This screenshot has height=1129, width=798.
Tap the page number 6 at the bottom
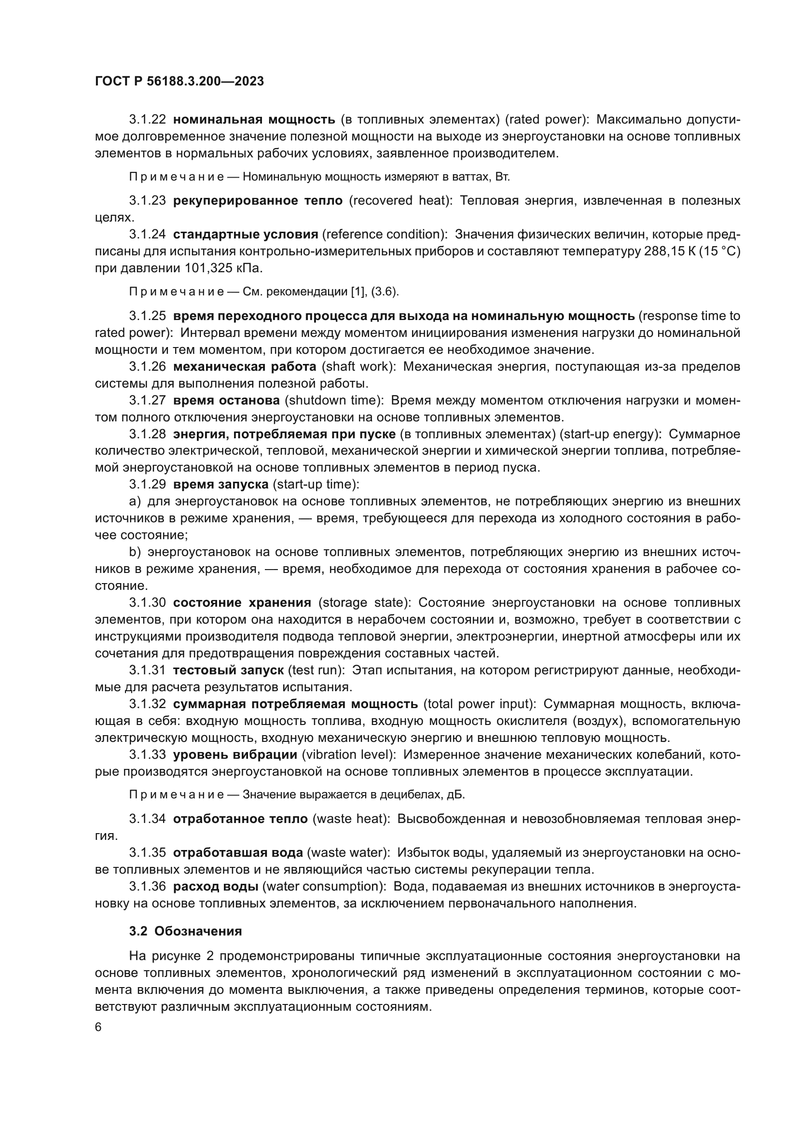[98, 1028]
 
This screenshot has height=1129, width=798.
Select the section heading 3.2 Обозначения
[185, 931]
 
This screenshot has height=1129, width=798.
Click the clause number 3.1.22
[148, 120]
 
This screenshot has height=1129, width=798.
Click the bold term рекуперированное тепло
[258, 201]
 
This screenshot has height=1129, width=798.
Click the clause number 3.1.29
[148, 484]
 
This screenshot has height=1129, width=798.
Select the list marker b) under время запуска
[135, 552]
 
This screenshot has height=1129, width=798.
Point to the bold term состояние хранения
[242, 603]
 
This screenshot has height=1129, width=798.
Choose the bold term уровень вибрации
[235, 755]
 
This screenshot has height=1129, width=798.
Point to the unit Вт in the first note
[503, 177]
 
